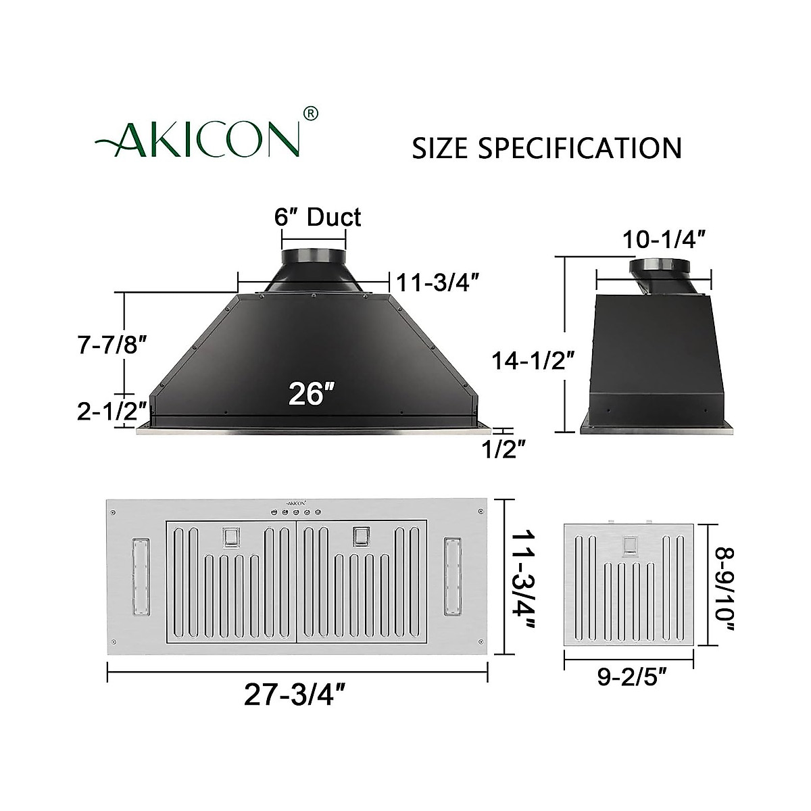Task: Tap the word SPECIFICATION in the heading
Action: pos(580,148)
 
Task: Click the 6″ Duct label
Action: pos(318,217)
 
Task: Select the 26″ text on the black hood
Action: pos(312,393)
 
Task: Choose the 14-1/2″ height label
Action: pos(533,361)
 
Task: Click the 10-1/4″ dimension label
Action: pos(666,241)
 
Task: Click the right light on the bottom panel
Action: pos(451,577)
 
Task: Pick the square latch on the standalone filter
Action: pos(630,545)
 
